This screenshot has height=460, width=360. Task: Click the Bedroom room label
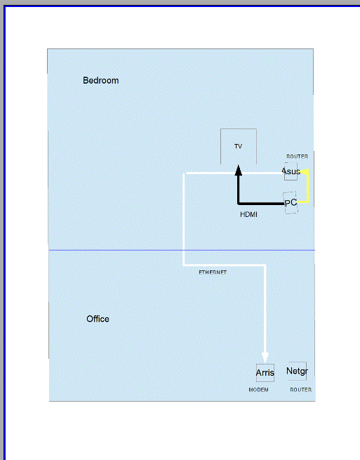coord(101,80)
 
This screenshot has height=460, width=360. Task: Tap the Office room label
coord(98,319)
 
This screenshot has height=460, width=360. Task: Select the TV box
coord(239,129)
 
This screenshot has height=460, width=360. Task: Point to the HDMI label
coord(248,214)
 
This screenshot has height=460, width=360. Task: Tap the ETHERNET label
coord(213,272)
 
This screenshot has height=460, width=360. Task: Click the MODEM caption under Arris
coord(258,390)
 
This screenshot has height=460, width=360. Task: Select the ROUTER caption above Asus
coord(297,157)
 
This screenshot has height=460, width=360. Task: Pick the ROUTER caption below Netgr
coord(301,390)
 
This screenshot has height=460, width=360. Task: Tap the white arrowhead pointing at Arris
coord(265,358)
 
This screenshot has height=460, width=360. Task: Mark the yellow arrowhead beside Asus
coord(305,171)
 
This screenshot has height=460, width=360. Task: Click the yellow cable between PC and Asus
coord(307,188)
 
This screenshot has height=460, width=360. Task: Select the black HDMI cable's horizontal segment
coord(261,203)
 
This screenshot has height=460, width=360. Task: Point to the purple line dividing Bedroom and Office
coord(182,250)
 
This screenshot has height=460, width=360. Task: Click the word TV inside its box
coord(238,146)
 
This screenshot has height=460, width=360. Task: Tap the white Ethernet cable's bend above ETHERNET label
coord(184,265)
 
